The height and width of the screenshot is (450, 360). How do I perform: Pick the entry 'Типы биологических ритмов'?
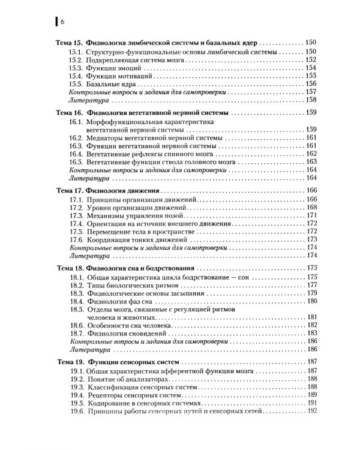pos(127,285)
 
